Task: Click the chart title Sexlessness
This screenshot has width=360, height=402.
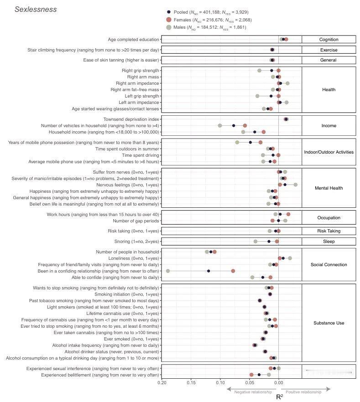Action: coord(36,10)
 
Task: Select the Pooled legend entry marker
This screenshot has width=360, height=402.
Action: coord(169,12)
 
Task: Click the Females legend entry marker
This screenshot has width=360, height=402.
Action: coord(169,20)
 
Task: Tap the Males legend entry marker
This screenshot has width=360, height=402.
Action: coord(169,28)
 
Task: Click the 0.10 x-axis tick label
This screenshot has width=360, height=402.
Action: coord(220,383)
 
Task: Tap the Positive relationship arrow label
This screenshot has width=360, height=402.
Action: coord(303,392)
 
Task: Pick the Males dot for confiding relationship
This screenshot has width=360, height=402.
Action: coord(168,271)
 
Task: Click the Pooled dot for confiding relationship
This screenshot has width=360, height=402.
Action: coord(209,271)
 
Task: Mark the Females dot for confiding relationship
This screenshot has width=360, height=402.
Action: coord(233,271)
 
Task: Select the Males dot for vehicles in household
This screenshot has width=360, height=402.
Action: coord(220,125)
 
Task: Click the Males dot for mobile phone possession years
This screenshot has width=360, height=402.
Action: coord(237,142)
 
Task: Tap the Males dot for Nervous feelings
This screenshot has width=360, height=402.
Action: coord(295,185)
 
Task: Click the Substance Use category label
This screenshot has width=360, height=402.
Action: coord(329,323)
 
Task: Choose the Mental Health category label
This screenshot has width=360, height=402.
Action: coord(329,188)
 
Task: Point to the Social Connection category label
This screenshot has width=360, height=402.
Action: coord(329,264)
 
